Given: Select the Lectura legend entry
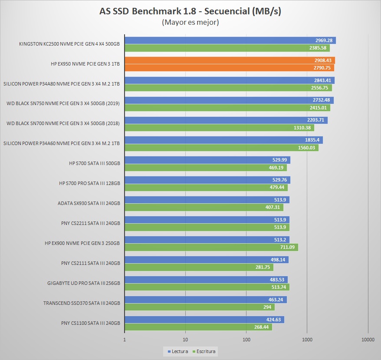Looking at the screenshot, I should pyautogui.click(x=178, y=351).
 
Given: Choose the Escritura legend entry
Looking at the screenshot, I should pyautogui.click(x=205, y=351).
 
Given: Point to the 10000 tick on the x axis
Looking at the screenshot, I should pyautogui.click(x=368, y=340).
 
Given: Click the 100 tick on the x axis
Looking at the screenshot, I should pyautogui.click(x=246, y=340).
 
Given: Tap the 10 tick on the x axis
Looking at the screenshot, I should pyautogui.click(x=186, y=340).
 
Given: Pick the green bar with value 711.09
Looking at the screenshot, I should pyautogui.click(x=211, y=247).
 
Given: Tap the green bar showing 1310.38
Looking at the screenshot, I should pyautogui.click(x=219, y=128).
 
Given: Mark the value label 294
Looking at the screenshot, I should pyautogui.click(x=268, y=307).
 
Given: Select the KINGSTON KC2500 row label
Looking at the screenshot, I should pyautogui.click(x=69, y=44).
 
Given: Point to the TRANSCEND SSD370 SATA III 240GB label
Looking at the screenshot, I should pyautogui.click(x=82, y=303).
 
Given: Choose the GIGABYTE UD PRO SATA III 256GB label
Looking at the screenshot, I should pyautogui.click(x=83, y=283).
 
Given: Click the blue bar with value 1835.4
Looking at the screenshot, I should pyautogui.click(x=223, y=140).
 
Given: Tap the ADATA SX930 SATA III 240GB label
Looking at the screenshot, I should pyautogui.click(x=89, y=203).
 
